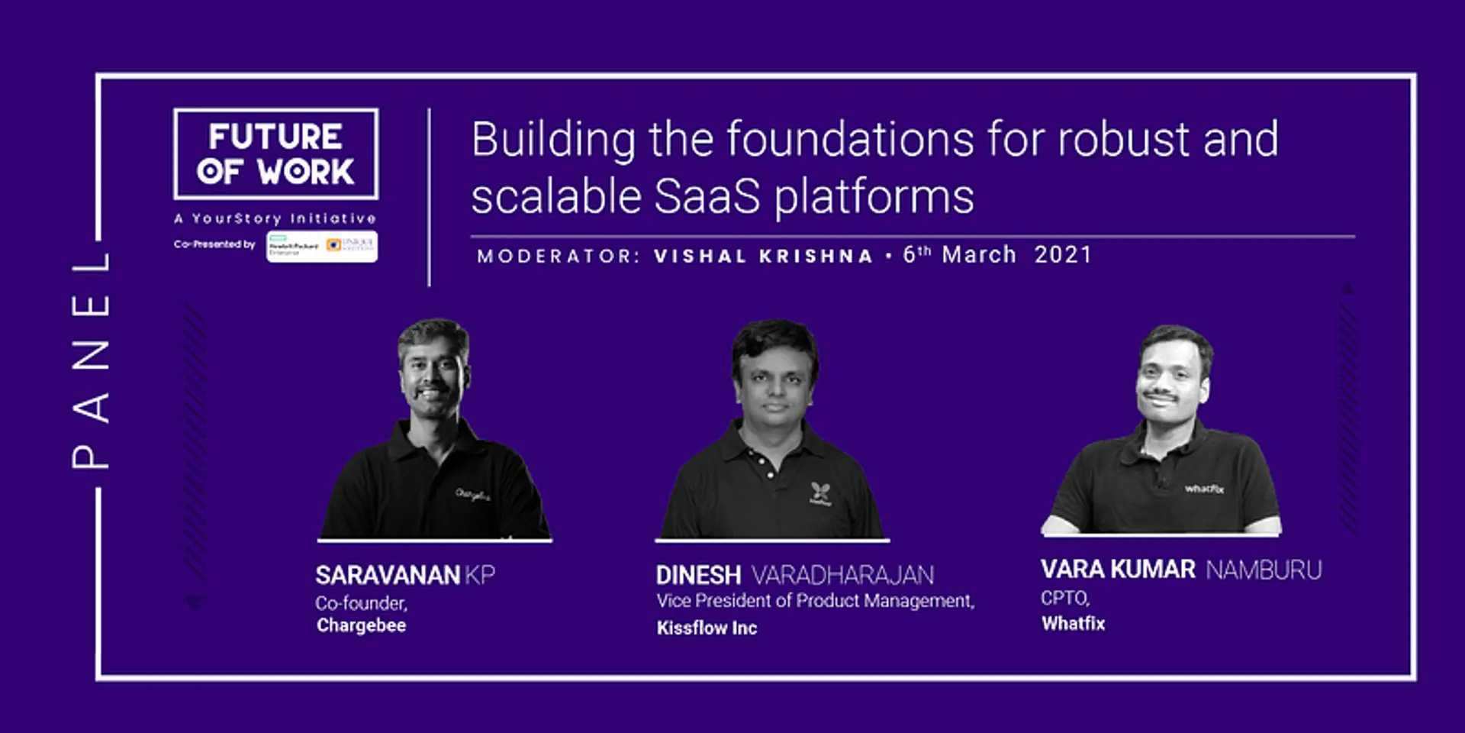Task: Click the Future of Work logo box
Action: (275, 153)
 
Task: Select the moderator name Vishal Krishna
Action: (763, 256)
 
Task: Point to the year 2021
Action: (1063, 255)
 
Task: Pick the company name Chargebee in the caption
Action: (361, 625)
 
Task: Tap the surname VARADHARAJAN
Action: (842, 575)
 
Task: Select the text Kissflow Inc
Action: (707, 628)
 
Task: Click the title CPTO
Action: (1065, 598)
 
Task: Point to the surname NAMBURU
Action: (1264, 570)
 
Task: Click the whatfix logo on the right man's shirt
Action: (1204, 489)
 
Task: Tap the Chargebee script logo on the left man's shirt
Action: (472, 495)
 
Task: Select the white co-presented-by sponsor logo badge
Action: (322, 246)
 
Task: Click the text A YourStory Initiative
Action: (275, 218)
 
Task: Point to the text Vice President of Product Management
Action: (815, 601)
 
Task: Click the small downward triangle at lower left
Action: (195, 602)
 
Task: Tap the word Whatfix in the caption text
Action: (1073, 624)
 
